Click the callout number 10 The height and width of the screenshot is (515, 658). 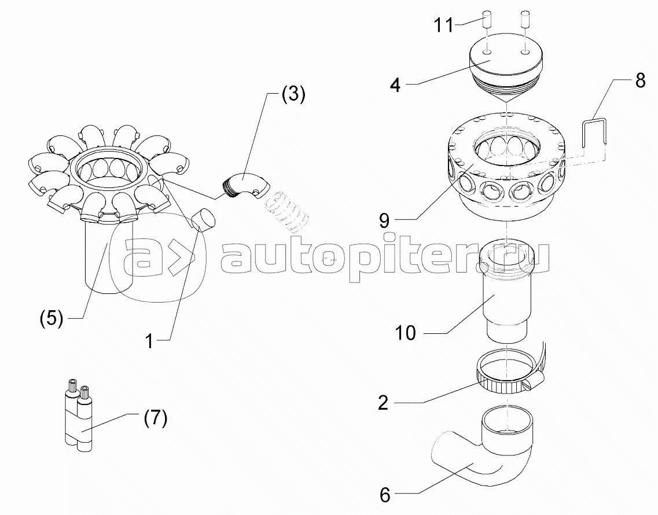[x=406, y=333]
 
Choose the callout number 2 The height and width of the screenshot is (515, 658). [x=383, y=402]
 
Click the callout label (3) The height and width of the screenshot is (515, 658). [x=293, y=94]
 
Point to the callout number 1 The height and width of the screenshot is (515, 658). [x=149, y=341]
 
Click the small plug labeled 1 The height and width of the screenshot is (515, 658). [x=203, y=219]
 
